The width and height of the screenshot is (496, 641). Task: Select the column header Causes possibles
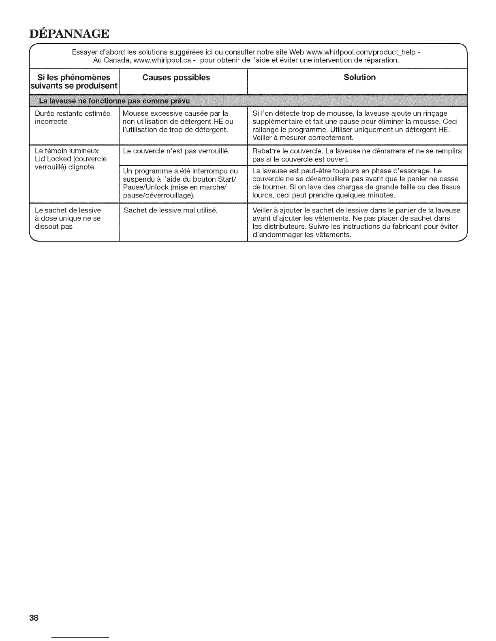tap(176, 77)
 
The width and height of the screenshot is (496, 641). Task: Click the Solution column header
tap(359, 77)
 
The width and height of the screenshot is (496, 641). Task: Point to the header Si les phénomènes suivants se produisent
tap(74, 81)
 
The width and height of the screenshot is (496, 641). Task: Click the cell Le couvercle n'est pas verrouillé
tap(176, 151)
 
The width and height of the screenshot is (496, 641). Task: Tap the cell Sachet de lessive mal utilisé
tap(171, 210)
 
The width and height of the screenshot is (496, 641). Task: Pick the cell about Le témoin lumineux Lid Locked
tap(71, 159)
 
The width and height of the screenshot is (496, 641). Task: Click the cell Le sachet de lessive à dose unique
tap(68, 218)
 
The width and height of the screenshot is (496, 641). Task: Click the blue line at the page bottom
tap(81, 638)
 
